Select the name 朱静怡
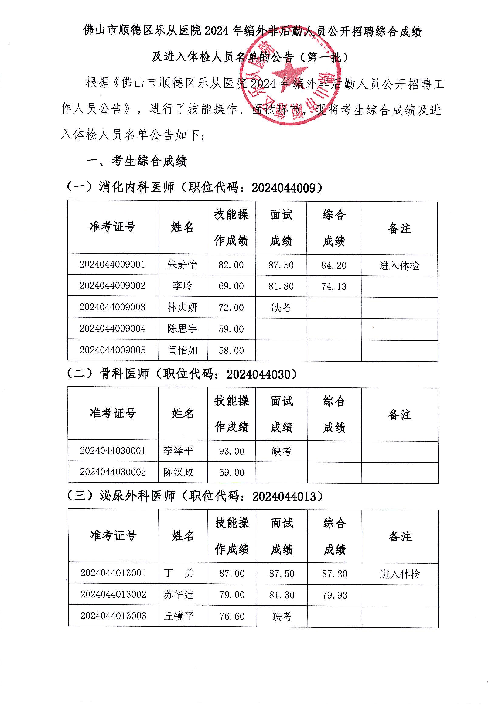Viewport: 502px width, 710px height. click(182, 265)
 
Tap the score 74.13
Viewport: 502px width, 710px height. click(334, 287)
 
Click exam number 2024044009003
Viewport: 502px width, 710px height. click(112, 307)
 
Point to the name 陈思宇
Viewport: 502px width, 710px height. click(182, 328)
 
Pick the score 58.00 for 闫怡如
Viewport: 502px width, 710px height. click(231, 350)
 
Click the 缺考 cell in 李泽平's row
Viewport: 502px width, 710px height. click(282, 451)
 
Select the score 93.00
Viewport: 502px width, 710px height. click(231, 451)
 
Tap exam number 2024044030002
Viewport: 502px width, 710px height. click(113, 472)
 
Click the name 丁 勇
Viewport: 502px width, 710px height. click(179, 573)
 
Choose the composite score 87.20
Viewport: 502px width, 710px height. click(334, 574)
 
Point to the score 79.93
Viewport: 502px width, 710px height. click(334, 595)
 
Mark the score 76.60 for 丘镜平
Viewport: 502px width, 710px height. click(232, 616)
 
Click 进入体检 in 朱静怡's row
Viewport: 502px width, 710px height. click(399, 266)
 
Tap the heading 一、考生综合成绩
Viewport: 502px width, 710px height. click(136, 161)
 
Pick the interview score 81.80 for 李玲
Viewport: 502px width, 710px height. click(281, 286)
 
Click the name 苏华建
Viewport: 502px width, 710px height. click(179, 595)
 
